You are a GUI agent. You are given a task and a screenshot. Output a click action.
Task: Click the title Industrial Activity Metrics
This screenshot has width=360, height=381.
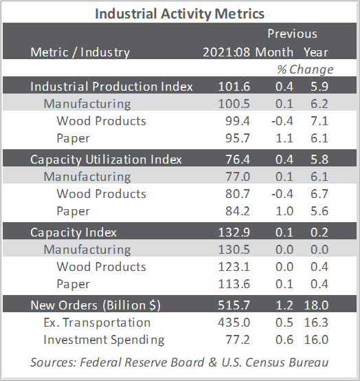click(179, 14)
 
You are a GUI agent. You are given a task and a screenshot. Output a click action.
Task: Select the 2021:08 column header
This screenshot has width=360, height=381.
click(226, 52)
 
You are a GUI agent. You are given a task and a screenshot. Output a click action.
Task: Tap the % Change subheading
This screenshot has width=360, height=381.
click(305, 69)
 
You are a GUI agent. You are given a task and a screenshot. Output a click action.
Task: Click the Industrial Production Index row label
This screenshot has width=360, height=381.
click(112, 87)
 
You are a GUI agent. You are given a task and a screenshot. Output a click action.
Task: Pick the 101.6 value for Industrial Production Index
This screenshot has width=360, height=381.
click(234, 87)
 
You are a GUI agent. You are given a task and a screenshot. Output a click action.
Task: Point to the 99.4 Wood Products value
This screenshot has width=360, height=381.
click(238, 121)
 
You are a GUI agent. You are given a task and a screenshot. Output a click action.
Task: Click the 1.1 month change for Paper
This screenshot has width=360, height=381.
click(284, 138)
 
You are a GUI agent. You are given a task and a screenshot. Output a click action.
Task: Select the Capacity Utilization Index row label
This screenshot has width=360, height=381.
click(106, 160)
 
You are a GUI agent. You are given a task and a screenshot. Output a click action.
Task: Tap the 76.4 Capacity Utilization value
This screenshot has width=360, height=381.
click(238, 160)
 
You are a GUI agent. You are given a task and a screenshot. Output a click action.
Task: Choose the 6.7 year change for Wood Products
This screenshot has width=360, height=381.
click(319, 194)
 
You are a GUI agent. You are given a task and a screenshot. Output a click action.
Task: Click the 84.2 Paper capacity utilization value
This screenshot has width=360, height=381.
click(238, 211)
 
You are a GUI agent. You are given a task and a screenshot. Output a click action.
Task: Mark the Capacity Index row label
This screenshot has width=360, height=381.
click(74, 232)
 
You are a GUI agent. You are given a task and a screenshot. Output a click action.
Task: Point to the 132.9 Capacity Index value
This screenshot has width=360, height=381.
click(234, 232)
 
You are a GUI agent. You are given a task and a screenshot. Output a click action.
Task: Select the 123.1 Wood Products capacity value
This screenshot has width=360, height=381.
click(234, 267)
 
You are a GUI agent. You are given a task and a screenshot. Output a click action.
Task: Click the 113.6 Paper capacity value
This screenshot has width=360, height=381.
click(234, 284)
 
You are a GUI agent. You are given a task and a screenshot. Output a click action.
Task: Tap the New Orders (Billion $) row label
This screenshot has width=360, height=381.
click(95, 305)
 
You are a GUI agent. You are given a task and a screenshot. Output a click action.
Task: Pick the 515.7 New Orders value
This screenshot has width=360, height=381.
click(234, 305)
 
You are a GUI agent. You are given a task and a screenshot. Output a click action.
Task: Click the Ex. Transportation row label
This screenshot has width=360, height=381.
click(97, 323)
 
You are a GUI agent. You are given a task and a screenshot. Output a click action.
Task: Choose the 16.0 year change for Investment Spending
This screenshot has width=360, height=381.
click(316, 340)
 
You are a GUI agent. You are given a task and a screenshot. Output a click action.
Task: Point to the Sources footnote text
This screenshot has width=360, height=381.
click(179, 362)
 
